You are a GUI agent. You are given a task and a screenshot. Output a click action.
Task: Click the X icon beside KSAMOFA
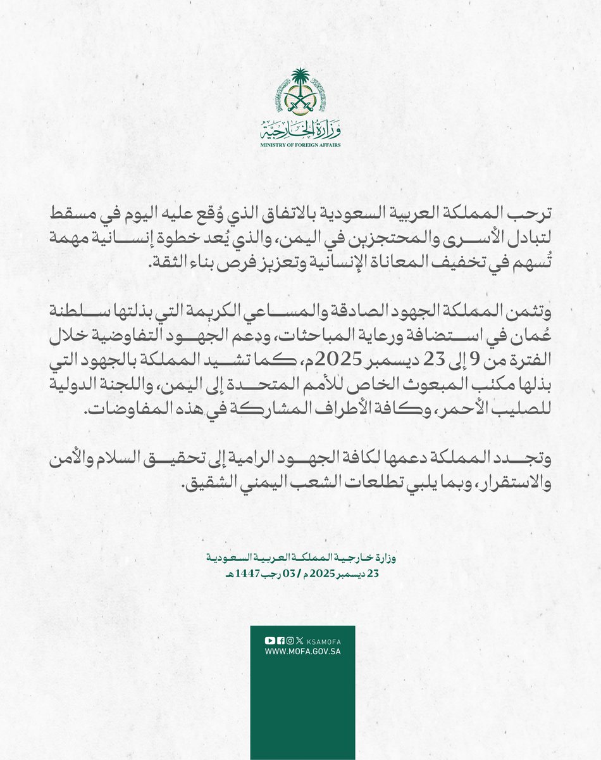(x=299, y=640)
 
